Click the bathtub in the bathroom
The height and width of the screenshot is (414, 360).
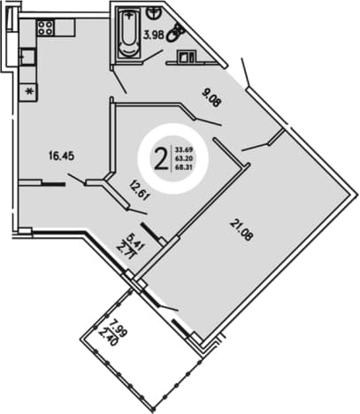[x=128, y=32]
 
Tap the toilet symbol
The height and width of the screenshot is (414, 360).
[x=175, y=32]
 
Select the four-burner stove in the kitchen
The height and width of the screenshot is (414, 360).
[x=46, y=27]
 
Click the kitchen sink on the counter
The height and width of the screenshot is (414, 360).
[x=27, y=57]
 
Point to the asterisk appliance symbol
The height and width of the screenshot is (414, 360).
[x=28, y=92]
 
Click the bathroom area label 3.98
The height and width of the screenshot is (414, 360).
[x=153, y=35]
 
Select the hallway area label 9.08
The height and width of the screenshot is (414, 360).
[x=211, y=98]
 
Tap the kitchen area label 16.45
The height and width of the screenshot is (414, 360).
[x=62, y=156]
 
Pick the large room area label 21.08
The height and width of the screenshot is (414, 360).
[x=241, y=231]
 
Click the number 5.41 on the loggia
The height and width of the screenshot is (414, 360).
[x=135, y=242]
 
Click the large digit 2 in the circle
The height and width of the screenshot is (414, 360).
[x=161, y=158]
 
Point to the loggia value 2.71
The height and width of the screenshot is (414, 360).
[x=127, y=250]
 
